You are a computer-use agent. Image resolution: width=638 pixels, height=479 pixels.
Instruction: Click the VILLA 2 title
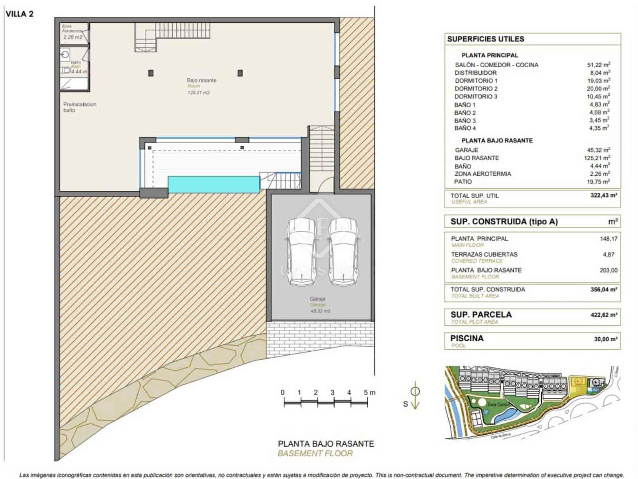(x=20, y=14)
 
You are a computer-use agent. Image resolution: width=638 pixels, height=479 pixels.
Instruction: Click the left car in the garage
(x=301, y=252)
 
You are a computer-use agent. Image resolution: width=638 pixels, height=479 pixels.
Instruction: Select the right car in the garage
(x=344, y=252)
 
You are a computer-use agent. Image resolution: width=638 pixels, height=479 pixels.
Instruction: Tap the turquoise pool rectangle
(x=214, y=185)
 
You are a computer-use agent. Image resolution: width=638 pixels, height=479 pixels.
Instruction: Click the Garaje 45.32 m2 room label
(x=318, y=305)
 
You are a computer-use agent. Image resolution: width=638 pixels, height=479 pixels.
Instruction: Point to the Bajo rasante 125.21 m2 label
(x=201, y=86)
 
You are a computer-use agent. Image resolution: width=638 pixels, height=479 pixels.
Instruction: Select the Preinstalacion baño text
(x=79, y=107)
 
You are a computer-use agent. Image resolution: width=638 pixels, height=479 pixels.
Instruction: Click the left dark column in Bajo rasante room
(x=151, y=73)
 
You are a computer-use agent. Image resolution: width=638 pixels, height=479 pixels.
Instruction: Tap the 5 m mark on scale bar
(x=366, y=393)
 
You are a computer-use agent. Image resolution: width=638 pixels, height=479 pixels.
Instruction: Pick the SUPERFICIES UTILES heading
(x=485, y=39)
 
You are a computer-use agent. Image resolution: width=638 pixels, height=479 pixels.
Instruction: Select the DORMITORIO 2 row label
(x=476, y=89)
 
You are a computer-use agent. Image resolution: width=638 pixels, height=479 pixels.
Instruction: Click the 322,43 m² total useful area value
(x=603, y=196)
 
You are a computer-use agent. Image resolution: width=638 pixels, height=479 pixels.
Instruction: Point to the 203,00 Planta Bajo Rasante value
(x=608, y=270)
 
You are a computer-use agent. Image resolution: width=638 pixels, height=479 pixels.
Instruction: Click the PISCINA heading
(x=467, y=338)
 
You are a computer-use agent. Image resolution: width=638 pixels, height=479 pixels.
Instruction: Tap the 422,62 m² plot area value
(x=603, y=315)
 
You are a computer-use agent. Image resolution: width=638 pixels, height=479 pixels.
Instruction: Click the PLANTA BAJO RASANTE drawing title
(x=326, y=443)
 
